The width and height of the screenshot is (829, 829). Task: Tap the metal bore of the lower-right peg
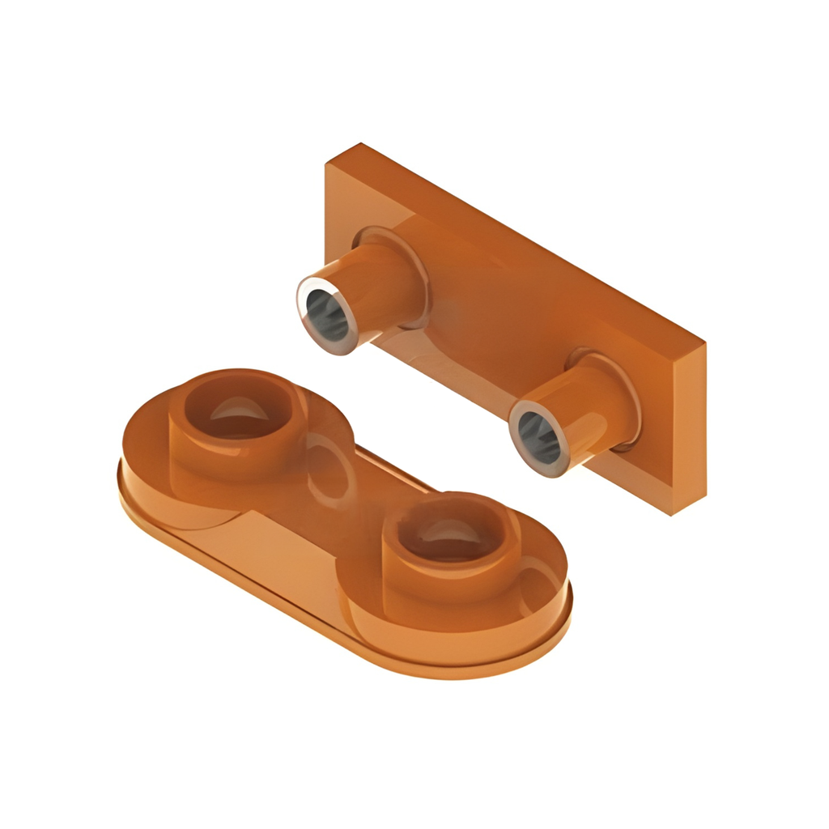[538, 436]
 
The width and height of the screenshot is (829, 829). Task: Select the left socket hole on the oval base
[237, 411]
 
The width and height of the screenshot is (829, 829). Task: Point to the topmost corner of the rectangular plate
[359, 145]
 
